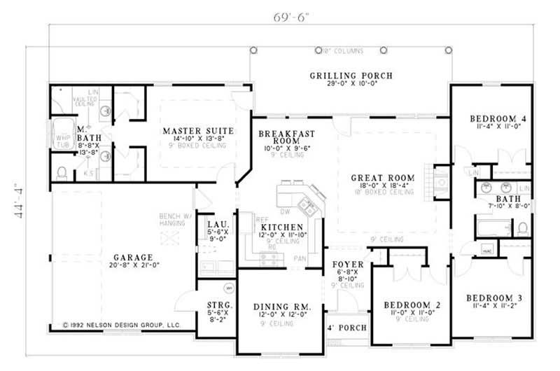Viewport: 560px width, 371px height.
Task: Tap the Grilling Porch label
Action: pyautogui.click(x=351, y=76)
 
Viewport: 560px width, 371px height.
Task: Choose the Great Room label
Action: pyautogui.click(x=382, y=178)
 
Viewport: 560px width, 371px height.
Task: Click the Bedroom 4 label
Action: pyautogui.click(x=498, y=118)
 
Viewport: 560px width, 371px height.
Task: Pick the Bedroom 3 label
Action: pyautogui.click(x=495, y=297)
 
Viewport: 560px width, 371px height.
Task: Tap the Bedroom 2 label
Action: pyautogui.click(x=412, y=305)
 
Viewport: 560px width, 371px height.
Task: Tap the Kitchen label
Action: pyautogui.click(x=281, y=227)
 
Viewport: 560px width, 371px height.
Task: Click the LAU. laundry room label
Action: pyautogui.click(x=215, y=225)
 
